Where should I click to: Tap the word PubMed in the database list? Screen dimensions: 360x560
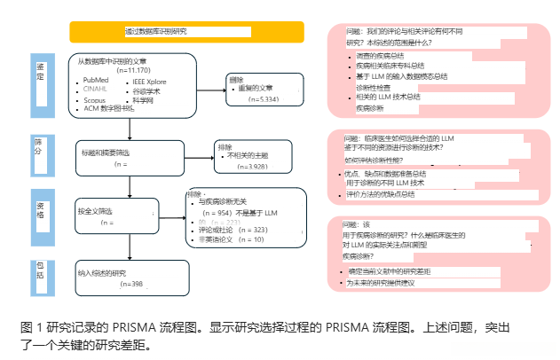[x=96, y=80]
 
